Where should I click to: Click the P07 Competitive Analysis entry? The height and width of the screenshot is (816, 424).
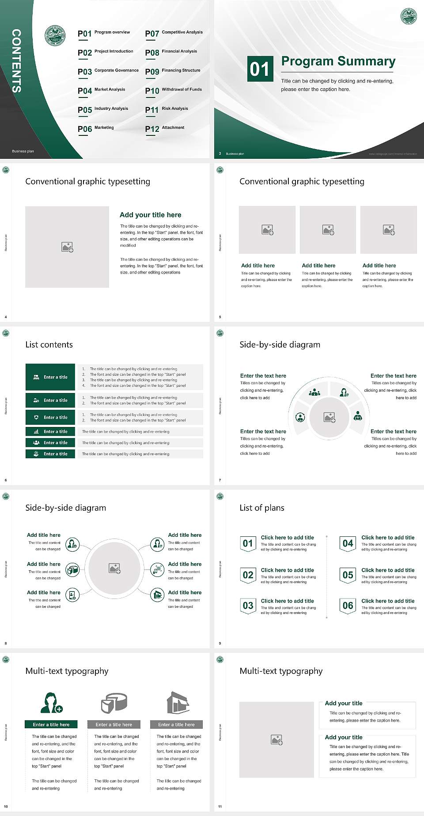[174, 33]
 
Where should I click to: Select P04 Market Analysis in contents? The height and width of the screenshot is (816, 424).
[101, 90]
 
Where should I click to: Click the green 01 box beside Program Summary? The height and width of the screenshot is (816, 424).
[259, 69]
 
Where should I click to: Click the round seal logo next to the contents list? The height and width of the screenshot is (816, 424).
[55, 36]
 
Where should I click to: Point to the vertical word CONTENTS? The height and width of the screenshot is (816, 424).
[16, 61]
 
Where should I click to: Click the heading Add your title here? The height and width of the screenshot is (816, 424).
[150, 215]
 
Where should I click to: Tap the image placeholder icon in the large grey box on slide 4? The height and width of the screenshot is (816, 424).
[67, 247]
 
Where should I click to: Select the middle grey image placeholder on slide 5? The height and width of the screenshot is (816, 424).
[328, 230]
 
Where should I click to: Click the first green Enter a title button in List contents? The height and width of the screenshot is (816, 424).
[50, 377]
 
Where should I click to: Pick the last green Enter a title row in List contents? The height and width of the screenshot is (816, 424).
[50, 454]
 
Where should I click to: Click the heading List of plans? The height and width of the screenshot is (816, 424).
[261, 508]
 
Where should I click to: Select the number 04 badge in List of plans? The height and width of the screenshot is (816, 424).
[348, 543]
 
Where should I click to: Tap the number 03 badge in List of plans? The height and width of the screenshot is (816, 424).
[248, 606]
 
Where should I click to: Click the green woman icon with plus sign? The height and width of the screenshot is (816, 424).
[51, 703]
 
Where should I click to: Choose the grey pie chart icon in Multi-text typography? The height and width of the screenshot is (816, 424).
[114, 703]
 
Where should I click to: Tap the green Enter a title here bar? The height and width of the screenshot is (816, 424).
[51, 724]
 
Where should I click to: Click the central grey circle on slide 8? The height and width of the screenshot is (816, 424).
[114, 568]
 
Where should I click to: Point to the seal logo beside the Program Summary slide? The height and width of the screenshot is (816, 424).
[409, 16]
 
